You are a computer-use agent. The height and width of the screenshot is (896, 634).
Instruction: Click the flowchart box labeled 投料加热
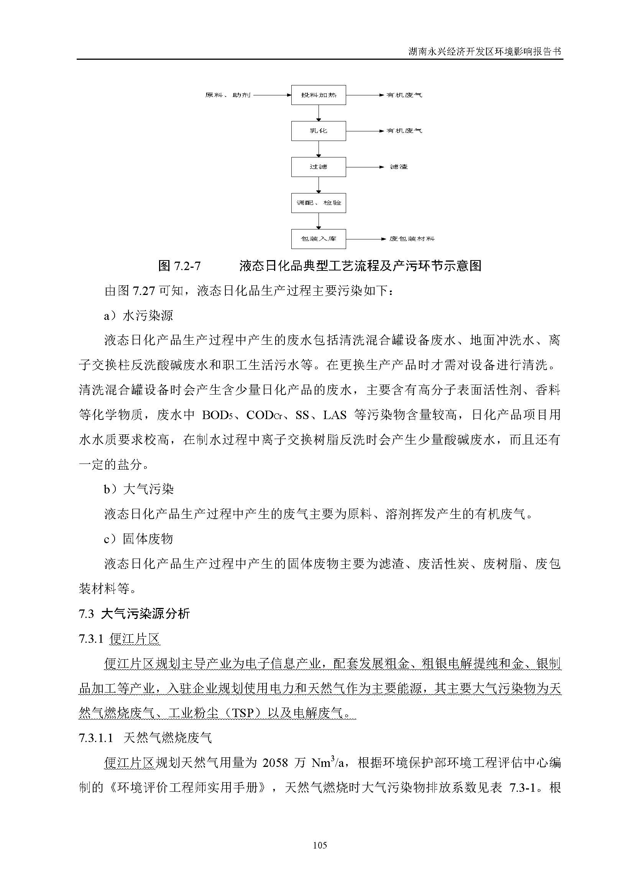coord(318,95)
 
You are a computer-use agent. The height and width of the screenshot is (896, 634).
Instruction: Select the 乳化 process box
coord(318,131)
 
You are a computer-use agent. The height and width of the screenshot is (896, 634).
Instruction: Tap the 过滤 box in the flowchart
coord(318,167)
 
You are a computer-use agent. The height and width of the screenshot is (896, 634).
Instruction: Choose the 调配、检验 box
coord(318,203)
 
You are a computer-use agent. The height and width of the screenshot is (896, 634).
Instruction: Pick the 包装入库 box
coord(318,238)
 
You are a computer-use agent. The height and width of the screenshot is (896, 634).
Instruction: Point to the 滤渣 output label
coord(399,167)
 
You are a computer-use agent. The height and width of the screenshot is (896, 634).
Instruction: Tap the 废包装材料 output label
coord(411,238)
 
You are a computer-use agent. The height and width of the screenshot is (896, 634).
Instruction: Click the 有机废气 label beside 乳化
coord(404,131)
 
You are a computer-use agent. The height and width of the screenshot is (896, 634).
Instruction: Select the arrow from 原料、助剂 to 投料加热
coord(272,95)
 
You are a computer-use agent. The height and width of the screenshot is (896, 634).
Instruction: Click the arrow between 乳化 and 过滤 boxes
coord(319,149)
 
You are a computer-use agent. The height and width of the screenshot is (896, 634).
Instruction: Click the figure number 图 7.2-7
coord(179,266)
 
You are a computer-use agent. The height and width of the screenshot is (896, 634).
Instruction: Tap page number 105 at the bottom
coord(320,845)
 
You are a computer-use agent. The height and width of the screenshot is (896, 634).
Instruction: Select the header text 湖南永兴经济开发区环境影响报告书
coord(485,51)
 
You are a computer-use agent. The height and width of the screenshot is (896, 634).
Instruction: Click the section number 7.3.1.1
coord(96,737)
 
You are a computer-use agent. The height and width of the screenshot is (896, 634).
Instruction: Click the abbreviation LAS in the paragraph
coord(335,415)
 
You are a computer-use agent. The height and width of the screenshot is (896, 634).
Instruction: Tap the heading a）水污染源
coord(138,315)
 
